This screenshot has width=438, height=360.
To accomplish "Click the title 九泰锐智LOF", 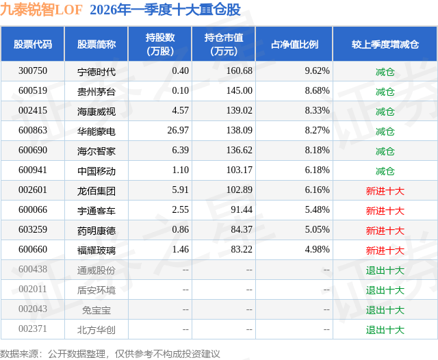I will coord(42,10).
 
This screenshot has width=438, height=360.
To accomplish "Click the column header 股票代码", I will coord(32,44).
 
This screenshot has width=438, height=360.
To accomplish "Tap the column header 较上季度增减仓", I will coord(385,44).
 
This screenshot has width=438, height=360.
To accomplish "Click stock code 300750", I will coord(33,71).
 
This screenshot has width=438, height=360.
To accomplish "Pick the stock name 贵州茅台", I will coord(96,91).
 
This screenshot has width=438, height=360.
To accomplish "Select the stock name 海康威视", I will coord(96,111).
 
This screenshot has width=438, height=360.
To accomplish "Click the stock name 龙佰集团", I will coord(96,190).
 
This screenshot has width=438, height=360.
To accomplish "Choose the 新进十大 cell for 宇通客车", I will coord(385,210).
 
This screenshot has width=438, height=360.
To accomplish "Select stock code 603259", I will coord(33,230).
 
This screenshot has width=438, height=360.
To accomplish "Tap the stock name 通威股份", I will coord(96,270).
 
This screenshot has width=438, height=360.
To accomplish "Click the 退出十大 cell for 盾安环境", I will coord(385,290).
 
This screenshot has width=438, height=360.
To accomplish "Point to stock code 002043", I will coord(33,309).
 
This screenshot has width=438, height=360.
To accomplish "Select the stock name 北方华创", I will coord(96,329).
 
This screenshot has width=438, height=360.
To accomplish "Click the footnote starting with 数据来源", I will coord(110,353).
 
